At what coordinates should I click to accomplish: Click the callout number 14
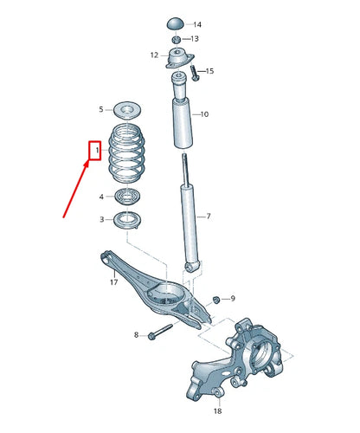click(197, 24)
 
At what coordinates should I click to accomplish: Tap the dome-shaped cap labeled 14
click(176, 23)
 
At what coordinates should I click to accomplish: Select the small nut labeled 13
click(177, 39)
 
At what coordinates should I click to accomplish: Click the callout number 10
click(204, 114)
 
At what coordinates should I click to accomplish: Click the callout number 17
click(113, 282)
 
